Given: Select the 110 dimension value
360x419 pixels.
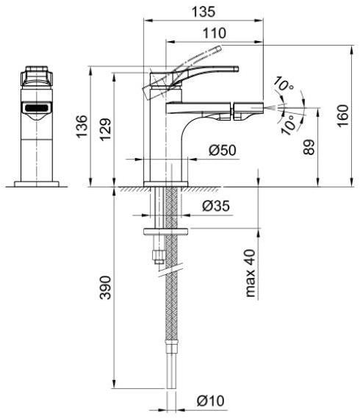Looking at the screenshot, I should tap(215, 32).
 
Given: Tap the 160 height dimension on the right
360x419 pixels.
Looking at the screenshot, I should tap(344, 116).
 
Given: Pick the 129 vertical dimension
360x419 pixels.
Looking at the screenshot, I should tap(107, 126).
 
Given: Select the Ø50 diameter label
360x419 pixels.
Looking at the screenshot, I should tap(222, 151).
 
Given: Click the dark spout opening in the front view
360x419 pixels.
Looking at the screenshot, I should tap(37, 109).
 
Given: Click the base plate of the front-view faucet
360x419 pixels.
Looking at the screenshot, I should tap(37, 181).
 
